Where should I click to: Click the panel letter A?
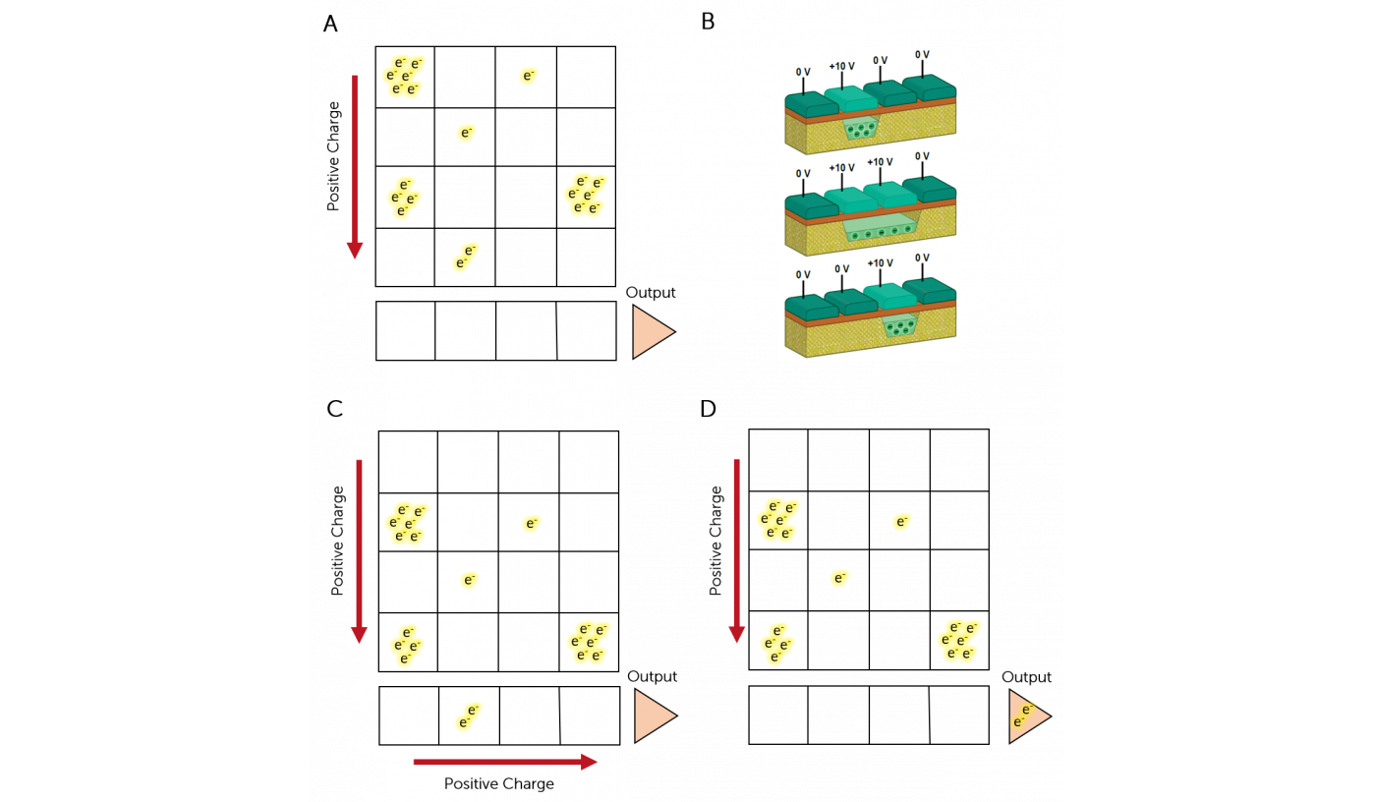[330, 24]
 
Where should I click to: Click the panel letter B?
[708, 22]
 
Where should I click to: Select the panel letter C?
[334, 409]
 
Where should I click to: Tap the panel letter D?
[708, 409]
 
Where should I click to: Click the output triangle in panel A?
[652, 332]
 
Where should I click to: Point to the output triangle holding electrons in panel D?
[1028, 716]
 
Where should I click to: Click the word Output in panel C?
[652, 676]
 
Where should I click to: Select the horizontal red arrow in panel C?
[505, 762]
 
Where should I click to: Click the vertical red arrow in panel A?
[355, 167]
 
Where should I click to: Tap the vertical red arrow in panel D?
[737, 550]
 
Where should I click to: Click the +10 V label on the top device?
[841, 66]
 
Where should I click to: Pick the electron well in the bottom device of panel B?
[900, 325]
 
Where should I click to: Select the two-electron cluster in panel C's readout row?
[468, 716]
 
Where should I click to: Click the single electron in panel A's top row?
[528, 76]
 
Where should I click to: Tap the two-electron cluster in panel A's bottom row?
[465, 257]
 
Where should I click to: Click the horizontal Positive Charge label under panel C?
[498, 783]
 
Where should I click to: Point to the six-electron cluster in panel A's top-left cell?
[404, 76]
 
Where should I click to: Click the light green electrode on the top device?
[852, 99]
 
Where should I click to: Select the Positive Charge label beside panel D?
[716, 541]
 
